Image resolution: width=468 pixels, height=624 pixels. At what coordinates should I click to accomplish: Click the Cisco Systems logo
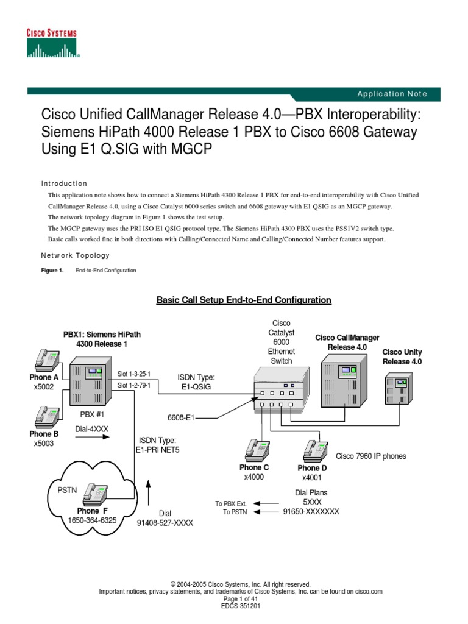tap(51, 43)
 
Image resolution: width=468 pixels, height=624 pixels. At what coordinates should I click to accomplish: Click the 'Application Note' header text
tap(392, 94)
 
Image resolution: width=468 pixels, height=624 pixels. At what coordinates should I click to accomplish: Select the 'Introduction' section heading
tap(64, 183)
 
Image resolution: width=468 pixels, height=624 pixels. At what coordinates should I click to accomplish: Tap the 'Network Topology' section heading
tap(75, 255)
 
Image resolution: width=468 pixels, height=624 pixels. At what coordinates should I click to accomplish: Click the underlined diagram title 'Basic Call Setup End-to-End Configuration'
tap(244, 300)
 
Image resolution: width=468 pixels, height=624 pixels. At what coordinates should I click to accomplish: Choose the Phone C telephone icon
tap(257, 450)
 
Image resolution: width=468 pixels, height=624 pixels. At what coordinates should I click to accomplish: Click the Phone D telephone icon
tap(313, 450)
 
